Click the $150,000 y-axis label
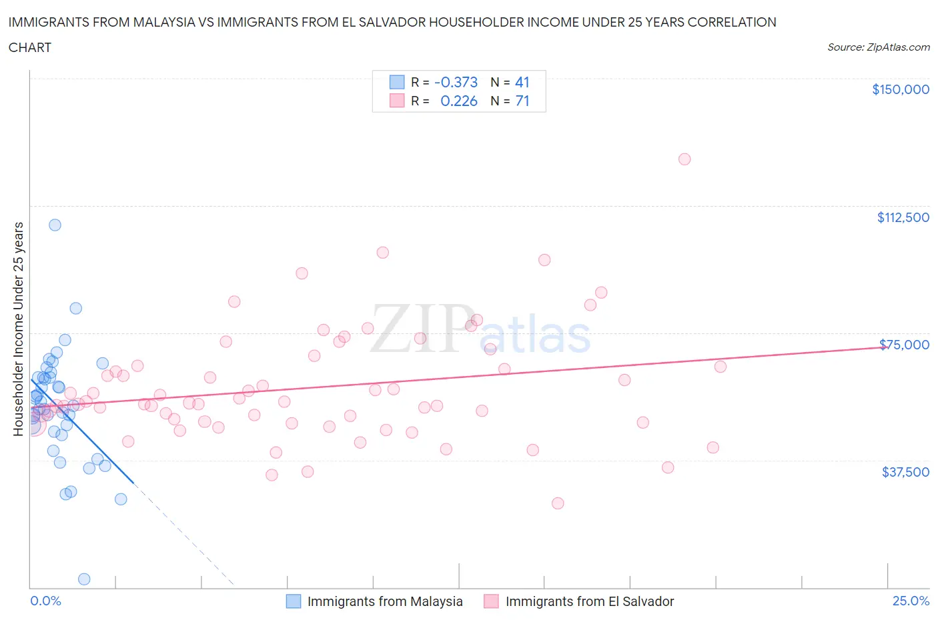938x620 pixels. click(x=900, y=89)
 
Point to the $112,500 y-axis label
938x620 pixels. click(x=903, y=217)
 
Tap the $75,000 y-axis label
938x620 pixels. click(x=904, y=345)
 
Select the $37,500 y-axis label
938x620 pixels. click(x=905, y=472)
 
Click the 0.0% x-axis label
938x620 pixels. click(x=45, y=601)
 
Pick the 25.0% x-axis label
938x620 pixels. click(x=911, y=601)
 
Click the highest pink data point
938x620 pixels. click(x=684, y=159)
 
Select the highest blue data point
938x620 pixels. click(x=55, y=225)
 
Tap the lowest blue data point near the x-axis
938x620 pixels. click(x=84, y=579)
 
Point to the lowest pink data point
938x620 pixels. click(x=558, y=503)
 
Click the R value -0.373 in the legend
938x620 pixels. click(x=456, y=82)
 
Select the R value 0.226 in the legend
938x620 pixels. click(x=459, y=101)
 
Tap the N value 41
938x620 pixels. click(x=522, y=82)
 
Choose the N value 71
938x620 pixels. click(x=522, y=101)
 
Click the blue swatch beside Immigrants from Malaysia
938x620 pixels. click(x=294, y=601)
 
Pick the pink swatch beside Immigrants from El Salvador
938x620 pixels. click(x=491, y=601)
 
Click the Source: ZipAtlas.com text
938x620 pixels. click(x=878, y=47)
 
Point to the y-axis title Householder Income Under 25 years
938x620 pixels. click(x=18, y=329)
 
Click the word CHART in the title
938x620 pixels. click(x=30, y=47)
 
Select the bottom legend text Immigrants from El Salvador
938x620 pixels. click(x=590, y=601)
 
